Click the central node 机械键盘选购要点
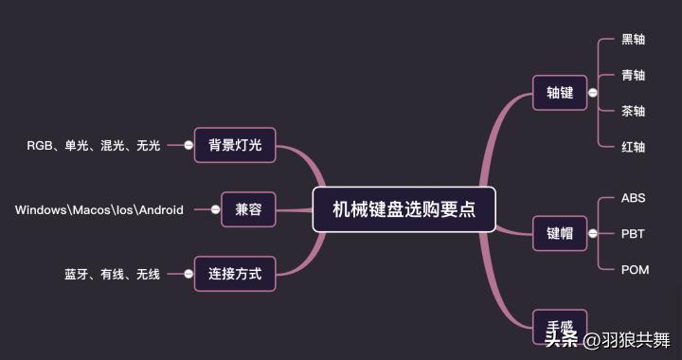point(404,209)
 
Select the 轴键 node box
point(560,93)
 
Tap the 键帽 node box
point(560,233)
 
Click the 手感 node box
point(560,326)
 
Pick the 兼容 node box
point(248,209)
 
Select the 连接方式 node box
point(235,275)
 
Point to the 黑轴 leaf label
point(633,40)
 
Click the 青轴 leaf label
point(633,76)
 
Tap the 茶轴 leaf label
point(633,111)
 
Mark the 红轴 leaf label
point(633,147)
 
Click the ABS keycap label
point(633,198)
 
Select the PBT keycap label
point(633,233)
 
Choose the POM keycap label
point(635,270)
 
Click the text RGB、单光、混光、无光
point(94,146)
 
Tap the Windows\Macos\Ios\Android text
point(99,209)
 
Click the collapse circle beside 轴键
point(592,93)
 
